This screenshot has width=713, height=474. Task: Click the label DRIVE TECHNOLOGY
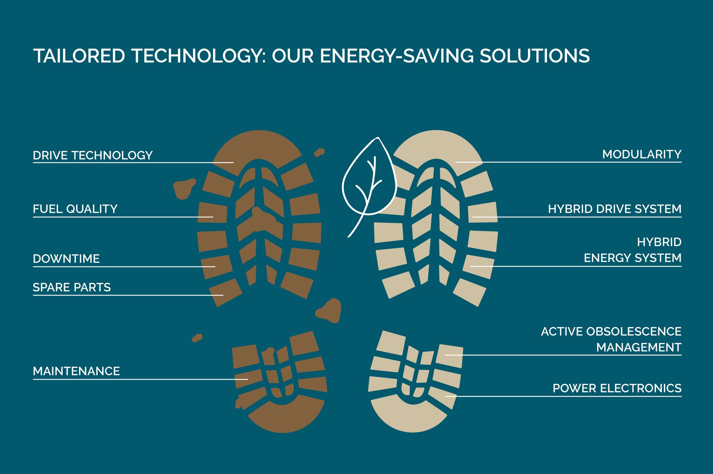92,155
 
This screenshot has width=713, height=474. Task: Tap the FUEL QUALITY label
75,209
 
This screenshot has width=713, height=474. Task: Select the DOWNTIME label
66,259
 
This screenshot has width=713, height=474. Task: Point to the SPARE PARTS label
72,287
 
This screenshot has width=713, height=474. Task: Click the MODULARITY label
642,154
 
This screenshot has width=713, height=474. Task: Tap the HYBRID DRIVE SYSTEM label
615,209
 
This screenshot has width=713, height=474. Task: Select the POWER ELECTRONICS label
617,388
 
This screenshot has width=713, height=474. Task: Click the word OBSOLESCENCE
634,332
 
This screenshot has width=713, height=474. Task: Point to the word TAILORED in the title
79,56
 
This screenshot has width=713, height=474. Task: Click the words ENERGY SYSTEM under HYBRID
633,258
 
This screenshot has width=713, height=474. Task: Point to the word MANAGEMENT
639,348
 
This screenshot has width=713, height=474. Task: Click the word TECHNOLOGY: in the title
199,56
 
